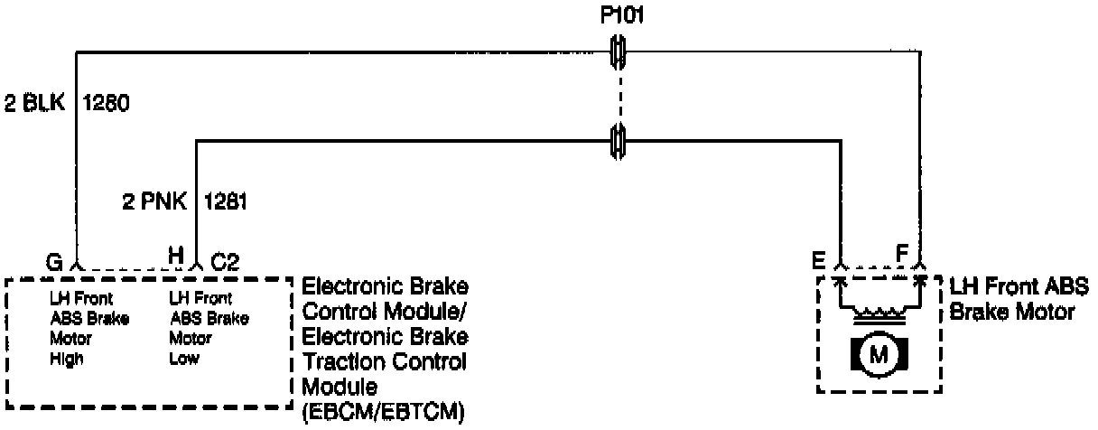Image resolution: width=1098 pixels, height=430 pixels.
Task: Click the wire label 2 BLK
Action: click(x=34, y=102)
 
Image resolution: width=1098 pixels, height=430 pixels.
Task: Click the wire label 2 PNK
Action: click(x=154, y=202)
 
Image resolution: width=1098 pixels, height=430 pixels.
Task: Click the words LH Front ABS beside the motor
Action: click(x=1019, y=289)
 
